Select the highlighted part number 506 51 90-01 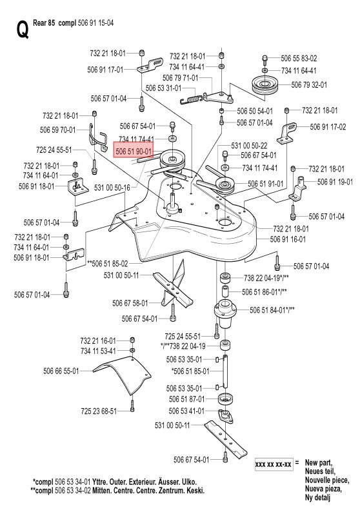point(134,152)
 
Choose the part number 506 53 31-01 point(163,88)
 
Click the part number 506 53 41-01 point(186,411)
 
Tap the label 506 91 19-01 point(335,182)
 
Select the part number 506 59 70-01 point(57,130)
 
